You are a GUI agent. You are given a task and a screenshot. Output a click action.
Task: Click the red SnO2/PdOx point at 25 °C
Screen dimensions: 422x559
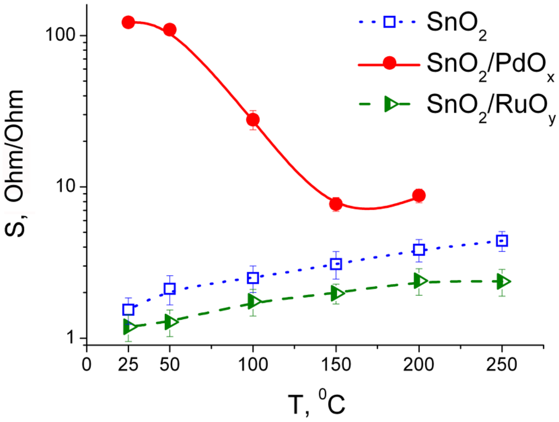(128, 22)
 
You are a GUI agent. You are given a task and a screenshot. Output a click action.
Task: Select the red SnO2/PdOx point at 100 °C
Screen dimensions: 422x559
(253, 120)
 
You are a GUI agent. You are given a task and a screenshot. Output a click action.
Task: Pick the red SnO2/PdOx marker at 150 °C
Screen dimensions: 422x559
(336, 204)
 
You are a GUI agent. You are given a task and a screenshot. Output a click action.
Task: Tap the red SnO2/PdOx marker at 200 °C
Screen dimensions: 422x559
(419, 196)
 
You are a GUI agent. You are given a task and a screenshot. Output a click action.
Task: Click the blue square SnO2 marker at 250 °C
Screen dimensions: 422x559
(502, 241)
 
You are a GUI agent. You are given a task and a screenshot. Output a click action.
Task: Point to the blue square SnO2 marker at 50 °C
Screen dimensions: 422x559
(170, 289)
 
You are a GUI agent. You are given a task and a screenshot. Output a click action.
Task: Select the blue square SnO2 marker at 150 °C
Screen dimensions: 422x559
(336, 264)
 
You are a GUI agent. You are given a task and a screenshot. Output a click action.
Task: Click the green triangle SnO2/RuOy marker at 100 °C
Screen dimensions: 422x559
(253, 302)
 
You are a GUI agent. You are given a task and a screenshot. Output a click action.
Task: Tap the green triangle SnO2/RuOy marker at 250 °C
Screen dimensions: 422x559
(502, 282)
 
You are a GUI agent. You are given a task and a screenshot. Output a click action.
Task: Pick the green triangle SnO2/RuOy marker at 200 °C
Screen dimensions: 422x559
(419, 281)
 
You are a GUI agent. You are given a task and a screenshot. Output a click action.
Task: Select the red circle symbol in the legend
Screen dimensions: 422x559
(389, 63)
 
